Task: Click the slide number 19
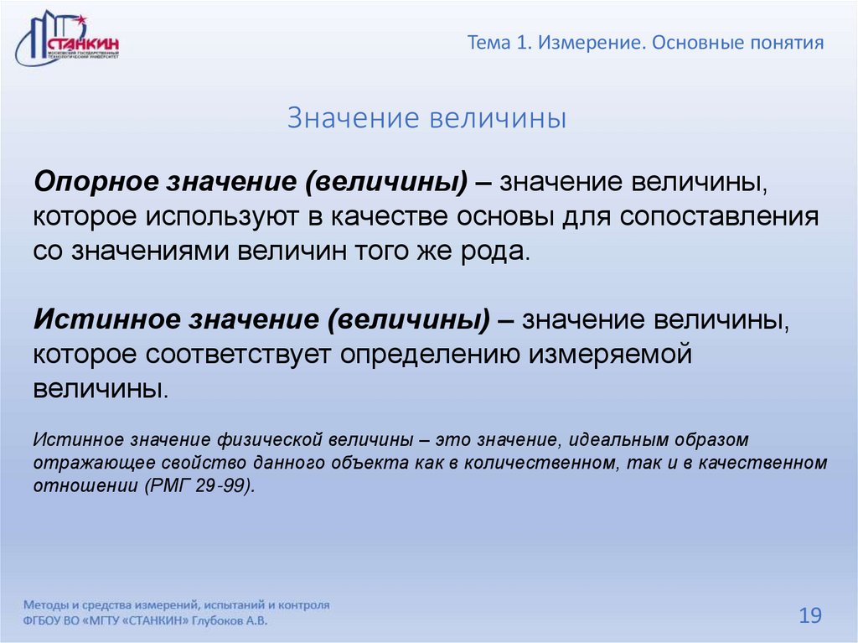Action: [x=809, y=616]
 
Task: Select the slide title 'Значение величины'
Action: [x=427, y=118]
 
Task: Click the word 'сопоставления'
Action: [x=719, y=216]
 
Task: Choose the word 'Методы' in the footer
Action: [x=46, y=604]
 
